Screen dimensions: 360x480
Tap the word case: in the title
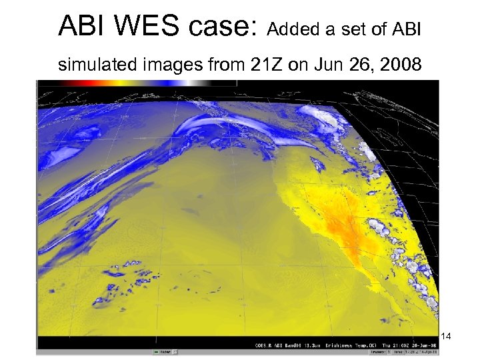[223, 27]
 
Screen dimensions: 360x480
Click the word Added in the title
[289, 30]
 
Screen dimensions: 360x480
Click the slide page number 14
[446, 337]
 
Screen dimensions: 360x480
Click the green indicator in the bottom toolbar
[156, 351]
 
